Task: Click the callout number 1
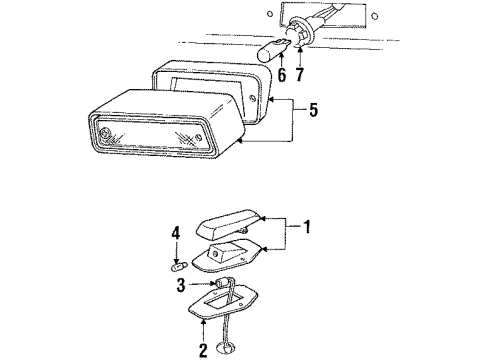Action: coord(307,227)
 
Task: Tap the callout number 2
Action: coord(203,350)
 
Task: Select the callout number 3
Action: coord(181,285)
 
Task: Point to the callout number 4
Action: coord(176,233)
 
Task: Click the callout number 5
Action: coord(313,110)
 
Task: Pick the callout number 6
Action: coord(282,75)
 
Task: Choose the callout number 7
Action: coord(300,74)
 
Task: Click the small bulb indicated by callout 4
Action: coord(180,267)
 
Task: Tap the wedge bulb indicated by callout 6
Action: coord(274,50)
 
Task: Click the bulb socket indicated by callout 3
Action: coord(221,284)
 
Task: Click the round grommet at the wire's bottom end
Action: coord(226,348)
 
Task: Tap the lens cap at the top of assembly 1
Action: coord(228,224)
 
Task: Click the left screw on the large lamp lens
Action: coord(106,132)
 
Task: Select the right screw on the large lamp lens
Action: coord(199,137)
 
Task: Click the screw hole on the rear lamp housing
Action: coord(252,98)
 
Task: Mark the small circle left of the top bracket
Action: coord(270,14)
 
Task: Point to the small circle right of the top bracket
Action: coord(375,15)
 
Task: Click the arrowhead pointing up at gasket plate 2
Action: coord(203,322)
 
